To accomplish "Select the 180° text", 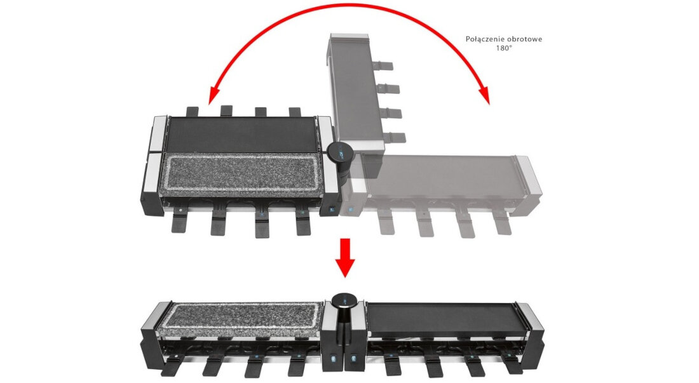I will [504, 48].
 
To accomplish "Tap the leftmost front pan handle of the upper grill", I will [180, 222].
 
